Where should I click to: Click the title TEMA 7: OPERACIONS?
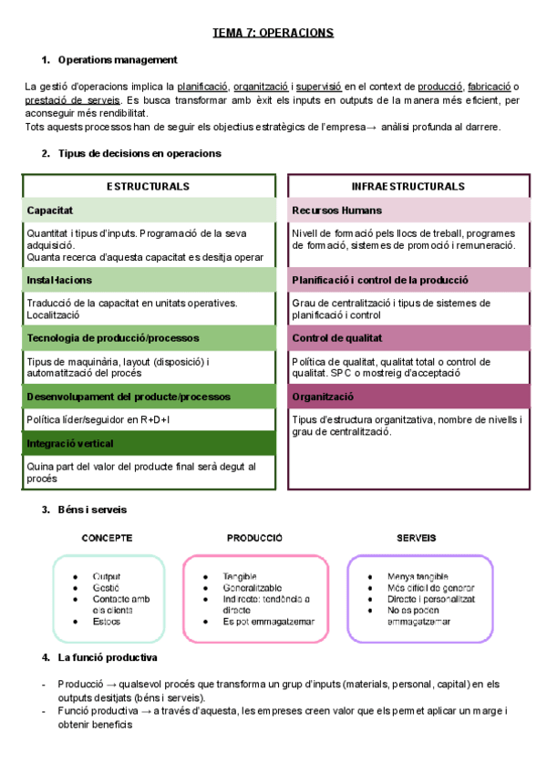(273, 33)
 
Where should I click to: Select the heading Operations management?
(117, 60)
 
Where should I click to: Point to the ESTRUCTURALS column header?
(148, 186)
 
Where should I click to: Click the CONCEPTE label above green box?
(108, 538)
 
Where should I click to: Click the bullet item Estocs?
(106, 622)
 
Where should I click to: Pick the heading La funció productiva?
(108, 657)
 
